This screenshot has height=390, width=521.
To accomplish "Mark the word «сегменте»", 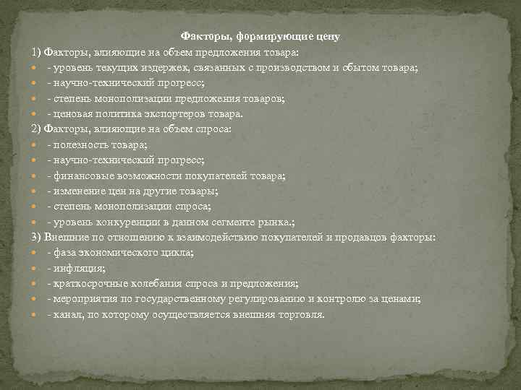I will [x=244, y=222].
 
